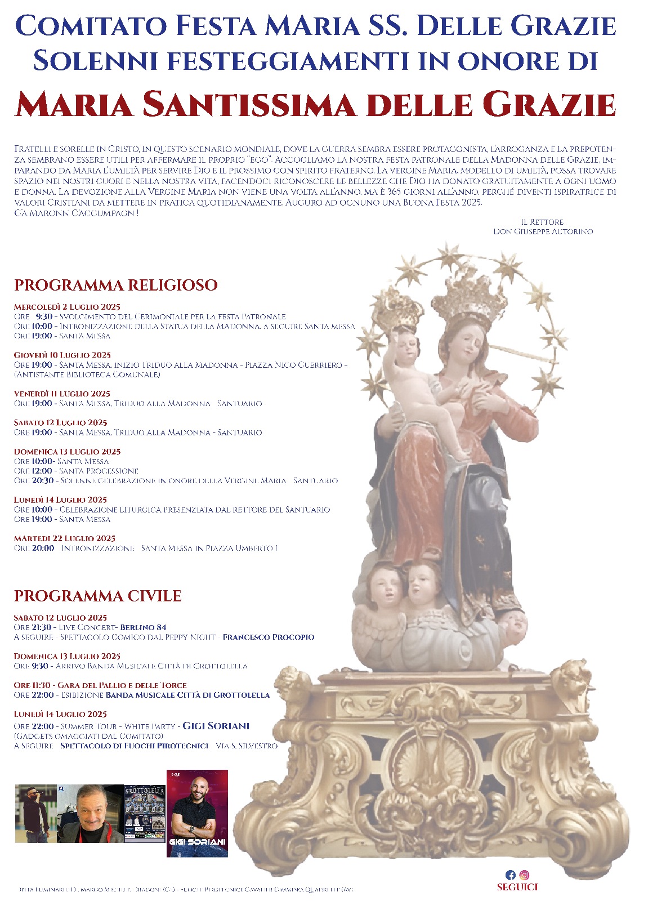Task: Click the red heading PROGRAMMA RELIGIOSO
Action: pyautogui.click(x=115, y=285)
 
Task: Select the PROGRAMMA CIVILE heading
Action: pyautogui.click(x=97, y=596)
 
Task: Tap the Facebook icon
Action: pyautogui.click(x=510, y=875)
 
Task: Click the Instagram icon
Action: pyautogui.click(x=524, y=875)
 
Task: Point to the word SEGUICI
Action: pyautogui.click(x=517, y=887)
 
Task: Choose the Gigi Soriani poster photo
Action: pyautogui.click(x=197, y=813)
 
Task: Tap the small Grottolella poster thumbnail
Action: pyautogui.click(x=145, y=813)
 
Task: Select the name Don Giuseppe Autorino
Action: pyautogui.click(x=543, y=231)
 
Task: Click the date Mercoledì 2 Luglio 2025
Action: pyautogui.click(x=67, y=307)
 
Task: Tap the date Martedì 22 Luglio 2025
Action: pyautogui.click(x=64, y=538)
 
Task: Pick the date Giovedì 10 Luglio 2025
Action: pyautogui.click(x=62, y=355)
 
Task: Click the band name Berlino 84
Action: pyautogui.click(x=143, y=627)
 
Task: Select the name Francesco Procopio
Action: pyautogui.click(x=268, y=637)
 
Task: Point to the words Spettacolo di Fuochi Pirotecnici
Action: pyautogui.click(x=134, y=746)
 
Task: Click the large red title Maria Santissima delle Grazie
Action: pyautogui.click(x=315, y=104)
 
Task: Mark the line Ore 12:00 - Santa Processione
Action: pyautogui.click(x=76, y=471)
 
